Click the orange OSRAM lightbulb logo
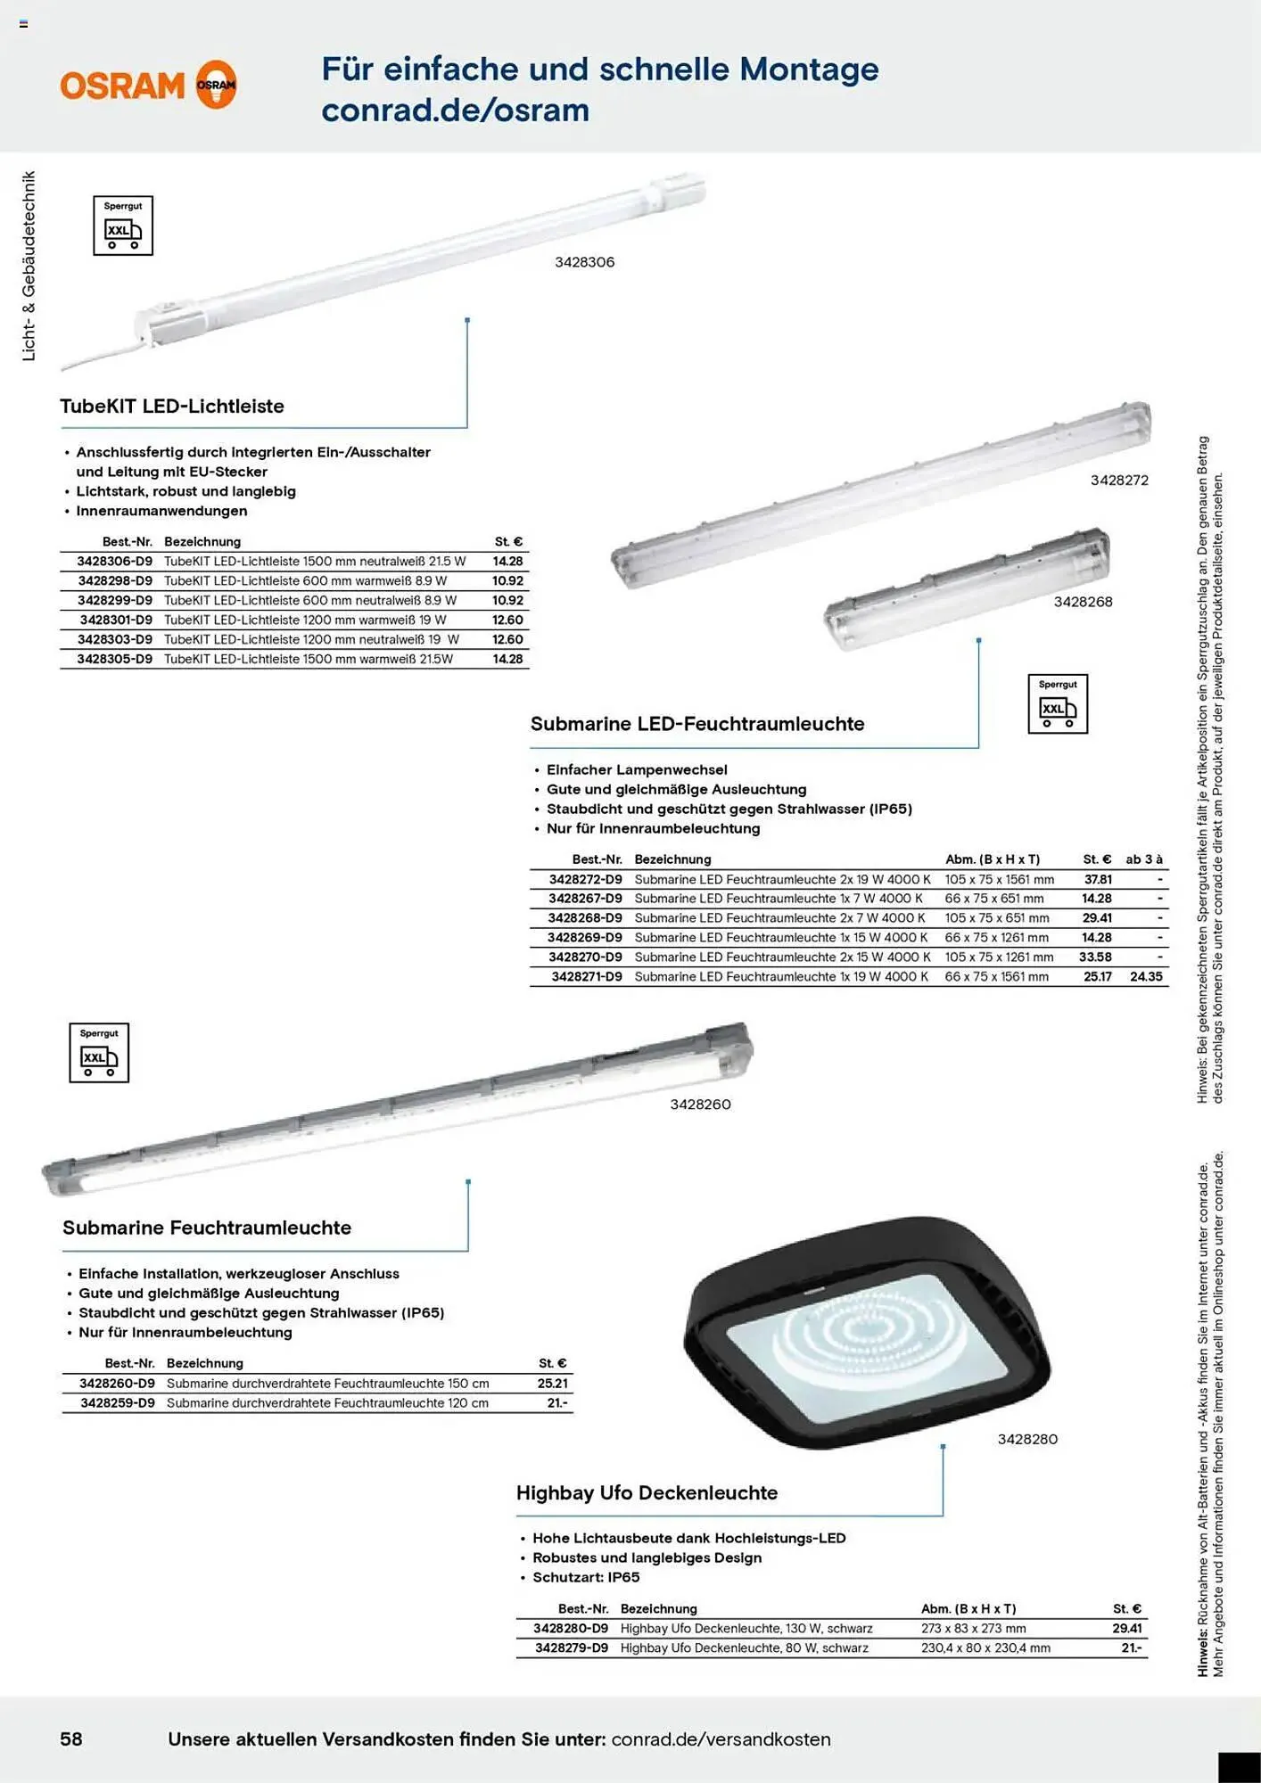pyautogui.click(x=216, y=85)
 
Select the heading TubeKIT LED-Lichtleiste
pyautogui.click(x=172, y=407)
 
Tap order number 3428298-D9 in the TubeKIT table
pyautogui.click(x=115, y=581)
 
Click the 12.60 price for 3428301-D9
pyautogui.click(x=507, y=620)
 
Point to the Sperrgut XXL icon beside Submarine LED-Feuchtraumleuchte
pyautogui.click(x=1058, y=704)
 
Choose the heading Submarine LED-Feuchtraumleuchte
pyautogui.click(x=697, y=724)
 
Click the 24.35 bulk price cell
pyautogui.click(x=1146, y=977)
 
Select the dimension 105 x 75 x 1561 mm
pyautogui.click(x=1000, y=880)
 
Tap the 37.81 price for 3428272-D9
pyautogui.click(x=1098, y=880)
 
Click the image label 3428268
pyautogui.click(x=1083, y=602)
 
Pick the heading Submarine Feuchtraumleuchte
pyautogui.click(x=207, y=1228)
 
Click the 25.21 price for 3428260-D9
pyautogui.click(x=552, y=1384)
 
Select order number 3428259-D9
pyautogui.click(x=118, y=1403)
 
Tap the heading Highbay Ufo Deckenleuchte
pyautogui.click(x=647, y=1493)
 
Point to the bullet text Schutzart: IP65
pyautogui.click(x=586, y=1577)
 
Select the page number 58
pyautogui.click(x=71, y=1738)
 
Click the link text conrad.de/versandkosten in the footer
pyautogui.click(x=721, y=1739)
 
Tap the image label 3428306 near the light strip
pyautogui.click(x=584, y=262)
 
